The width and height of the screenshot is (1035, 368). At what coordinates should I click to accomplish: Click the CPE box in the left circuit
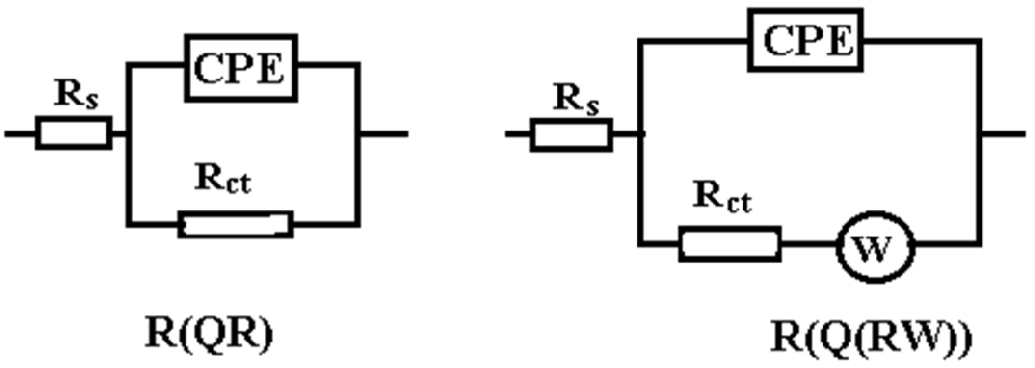point(240,68)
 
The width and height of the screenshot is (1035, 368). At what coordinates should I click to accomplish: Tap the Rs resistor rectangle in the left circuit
point(74,133)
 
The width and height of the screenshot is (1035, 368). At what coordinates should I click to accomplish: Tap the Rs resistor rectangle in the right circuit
point(571,135)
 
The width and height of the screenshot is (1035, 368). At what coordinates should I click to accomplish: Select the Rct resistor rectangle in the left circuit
point(236,224)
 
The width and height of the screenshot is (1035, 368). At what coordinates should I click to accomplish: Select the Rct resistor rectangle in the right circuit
point(730,244)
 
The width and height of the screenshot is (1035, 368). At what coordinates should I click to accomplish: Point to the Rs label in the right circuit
point(575,100)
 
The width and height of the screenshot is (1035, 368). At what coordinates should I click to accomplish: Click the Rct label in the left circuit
point(223,179)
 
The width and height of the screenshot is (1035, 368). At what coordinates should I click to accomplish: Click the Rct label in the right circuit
point(722,198)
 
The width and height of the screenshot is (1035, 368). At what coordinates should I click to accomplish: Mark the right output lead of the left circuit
point(384,134)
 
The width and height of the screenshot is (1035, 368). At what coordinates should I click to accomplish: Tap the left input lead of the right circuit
point(517,134)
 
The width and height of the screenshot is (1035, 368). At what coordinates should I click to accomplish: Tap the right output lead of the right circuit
point(1003,134)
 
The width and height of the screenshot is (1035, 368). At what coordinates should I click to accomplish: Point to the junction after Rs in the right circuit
point(640,134)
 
